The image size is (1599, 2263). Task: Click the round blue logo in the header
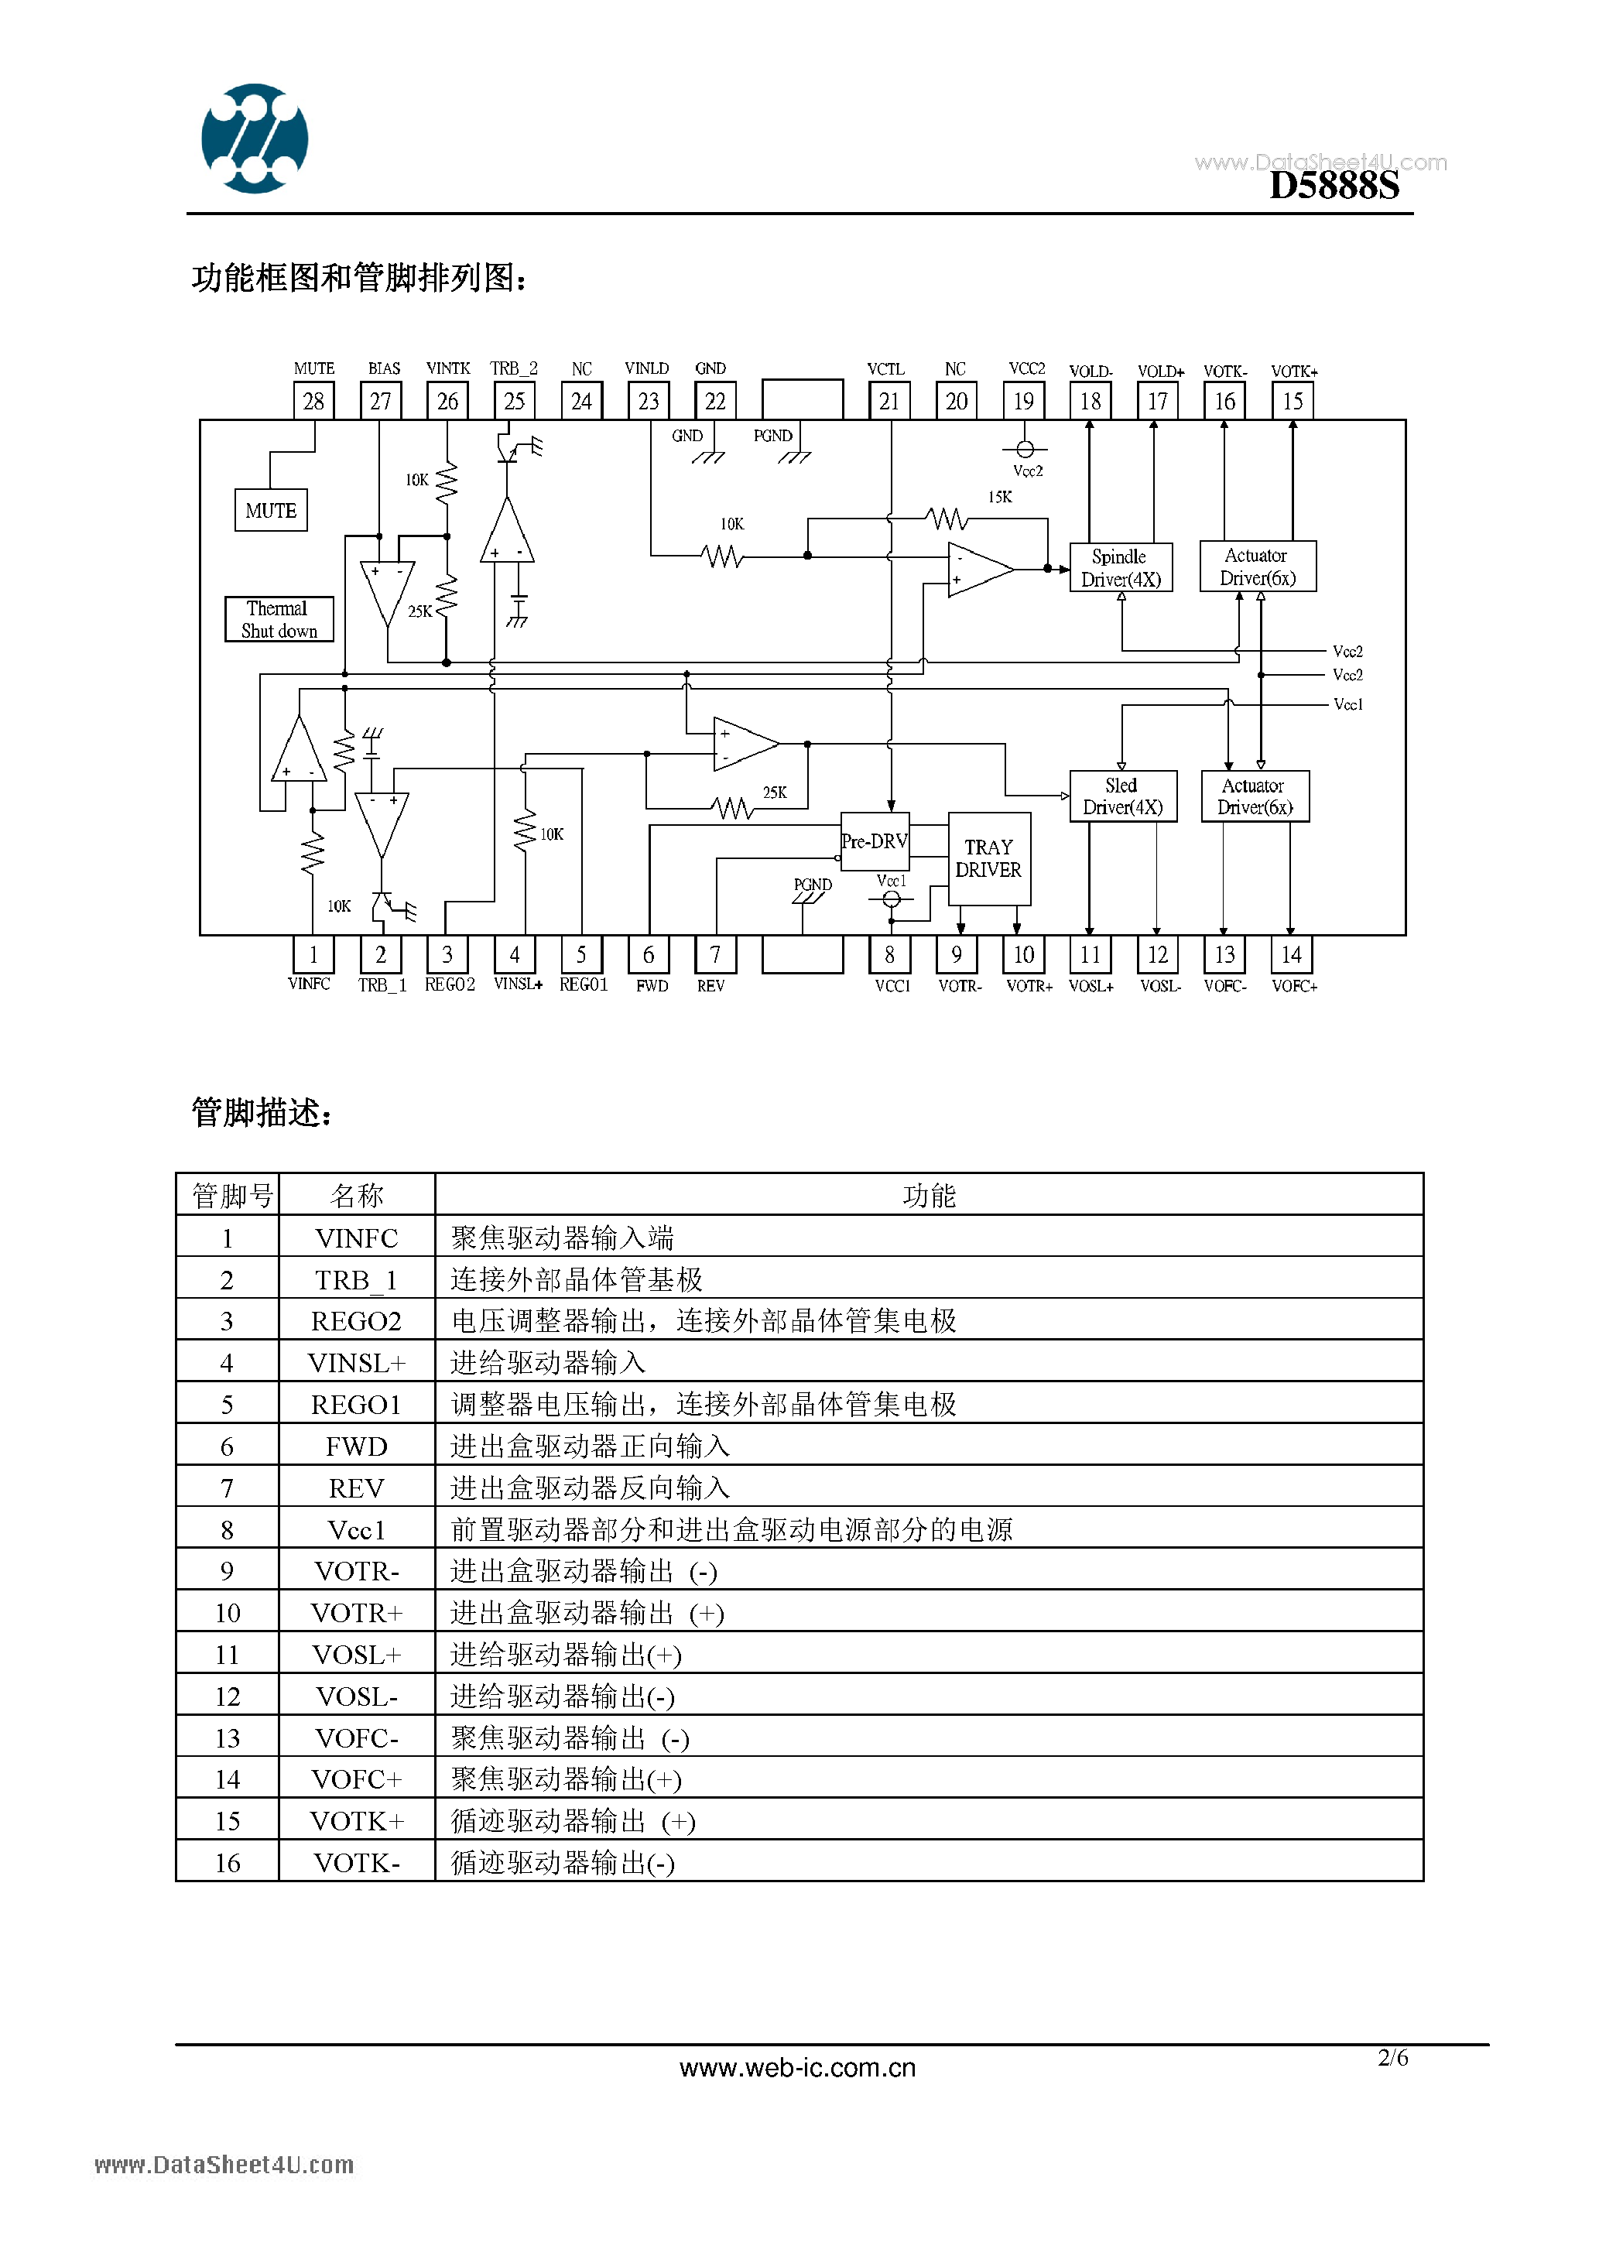tap(255, 138)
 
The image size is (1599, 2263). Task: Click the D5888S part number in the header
tap(1333, 185)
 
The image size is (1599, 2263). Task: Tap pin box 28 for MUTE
tap(313, 401)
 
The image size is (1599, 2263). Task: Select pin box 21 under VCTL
tap(889, 401)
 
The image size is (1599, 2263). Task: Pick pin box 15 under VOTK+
tap(1292, 401)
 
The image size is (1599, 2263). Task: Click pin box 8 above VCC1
tap(889, 954)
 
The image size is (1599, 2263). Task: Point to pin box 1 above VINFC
tap(313, 954)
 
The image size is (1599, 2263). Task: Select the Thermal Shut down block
tap(279, 620)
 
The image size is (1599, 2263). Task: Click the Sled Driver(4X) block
tap(1123, 796)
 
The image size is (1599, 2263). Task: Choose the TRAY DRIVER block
tap(989, 858)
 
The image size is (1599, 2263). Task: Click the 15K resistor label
tap(1000, 498)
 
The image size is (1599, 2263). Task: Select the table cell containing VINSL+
tap(357, 1362)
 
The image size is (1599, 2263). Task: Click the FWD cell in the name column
tap(357, 1446)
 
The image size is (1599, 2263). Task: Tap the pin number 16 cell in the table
tap(228, 1863)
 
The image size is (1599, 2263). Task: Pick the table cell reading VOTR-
tap(357, 1571)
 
